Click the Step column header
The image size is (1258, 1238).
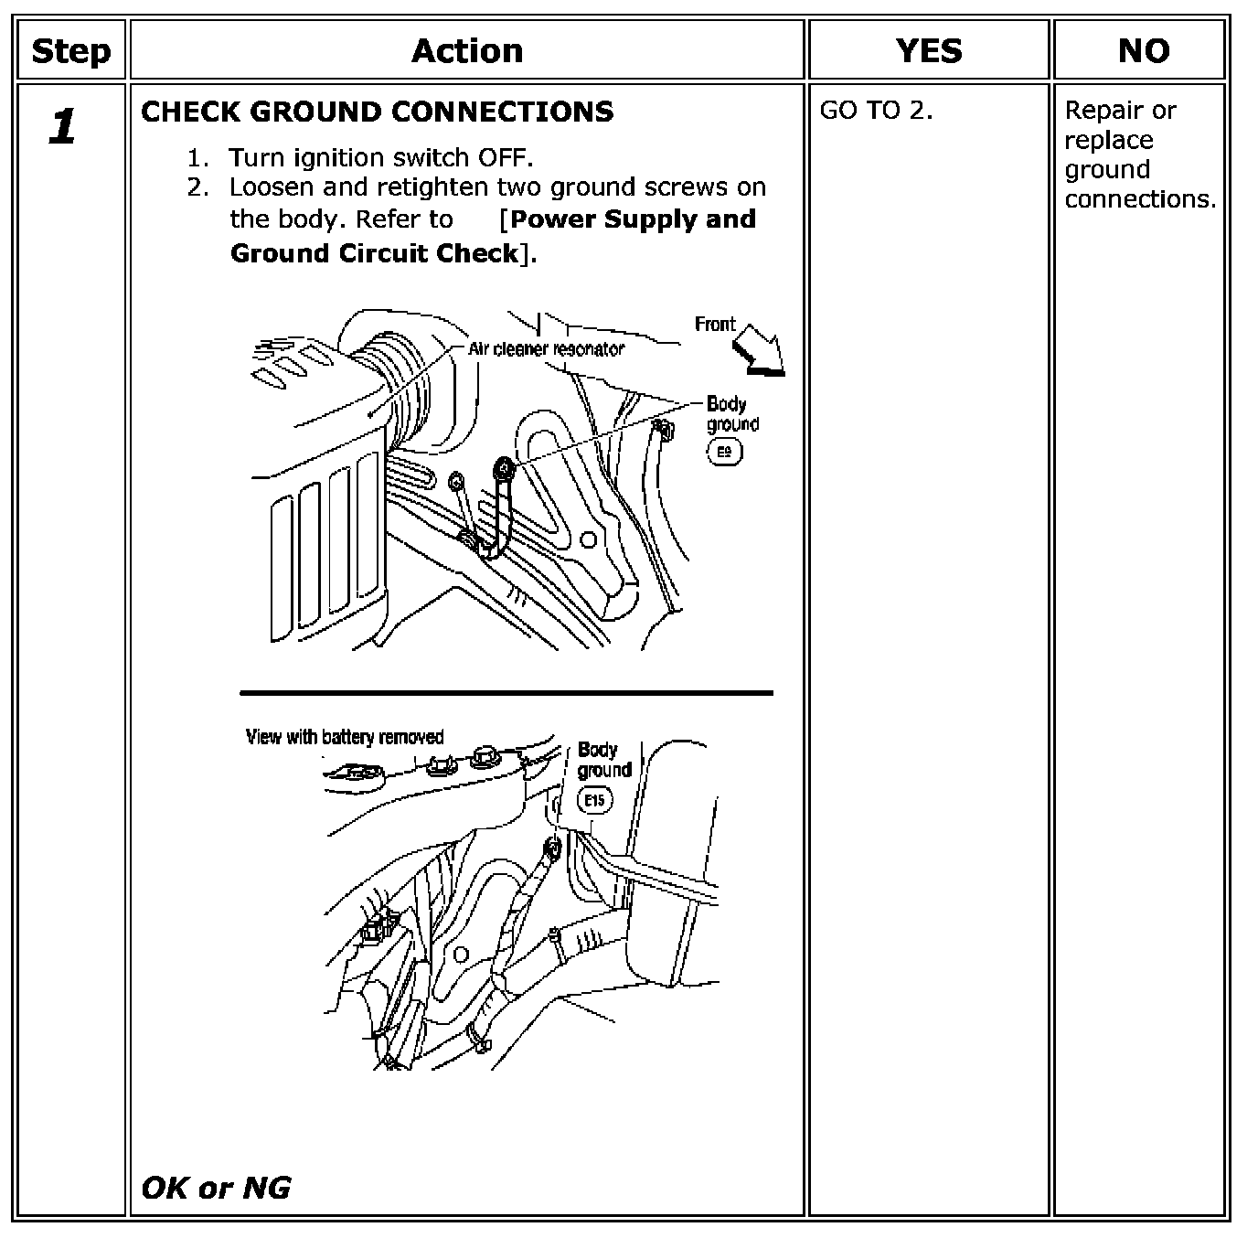[x=71, y=51]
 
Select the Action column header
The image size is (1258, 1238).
[x=467, y=50]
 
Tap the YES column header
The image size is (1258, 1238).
[x=929, y=50]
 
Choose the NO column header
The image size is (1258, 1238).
[x=1143, y=50]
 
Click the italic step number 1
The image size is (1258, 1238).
[x=63, y=126]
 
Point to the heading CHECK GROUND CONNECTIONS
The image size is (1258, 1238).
[x=378, y=112]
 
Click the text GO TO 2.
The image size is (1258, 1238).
[x=876, y=111]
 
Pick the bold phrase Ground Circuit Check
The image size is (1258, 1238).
[x=374, y=253]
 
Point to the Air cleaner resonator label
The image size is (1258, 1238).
[x=547, y=349]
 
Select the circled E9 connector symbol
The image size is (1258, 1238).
[x=725, y=452]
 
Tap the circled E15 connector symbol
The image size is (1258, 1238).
[x=595, y=800]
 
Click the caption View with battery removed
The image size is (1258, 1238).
[x=345, y=737]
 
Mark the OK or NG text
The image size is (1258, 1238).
[x=216, y=1189]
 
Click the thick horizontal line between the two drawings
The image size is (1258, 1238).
[x=506, y=693]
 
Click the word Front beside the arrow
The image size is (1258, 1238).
[x=715, y=324]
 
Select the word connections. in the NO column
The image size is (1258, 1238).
[x=1140, y=199]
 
